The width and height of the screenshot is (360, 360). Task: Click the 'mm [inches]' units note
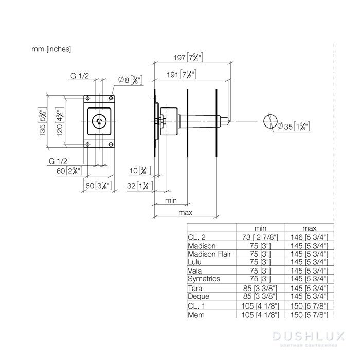click(x=51, y=49)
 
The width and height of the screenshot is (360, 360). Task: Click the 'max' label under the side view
click(x=185, y=212)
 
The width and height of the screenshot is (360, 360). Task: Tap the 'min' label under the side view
click(x=171, y=199)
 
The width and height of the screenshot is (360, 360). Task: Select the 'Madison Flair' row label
click(x=210, y=254)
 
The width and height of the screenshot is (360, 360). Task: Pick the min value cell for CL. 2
click(x=260, y=237)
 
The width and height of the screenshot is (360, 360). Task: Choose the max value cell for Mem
click(x=311, y=314)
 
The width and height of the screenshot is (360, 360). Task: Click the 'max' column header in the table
click(x=310, y=228)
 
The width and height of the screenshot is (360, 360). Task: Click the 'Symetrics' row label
click(x=204, y=278)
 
